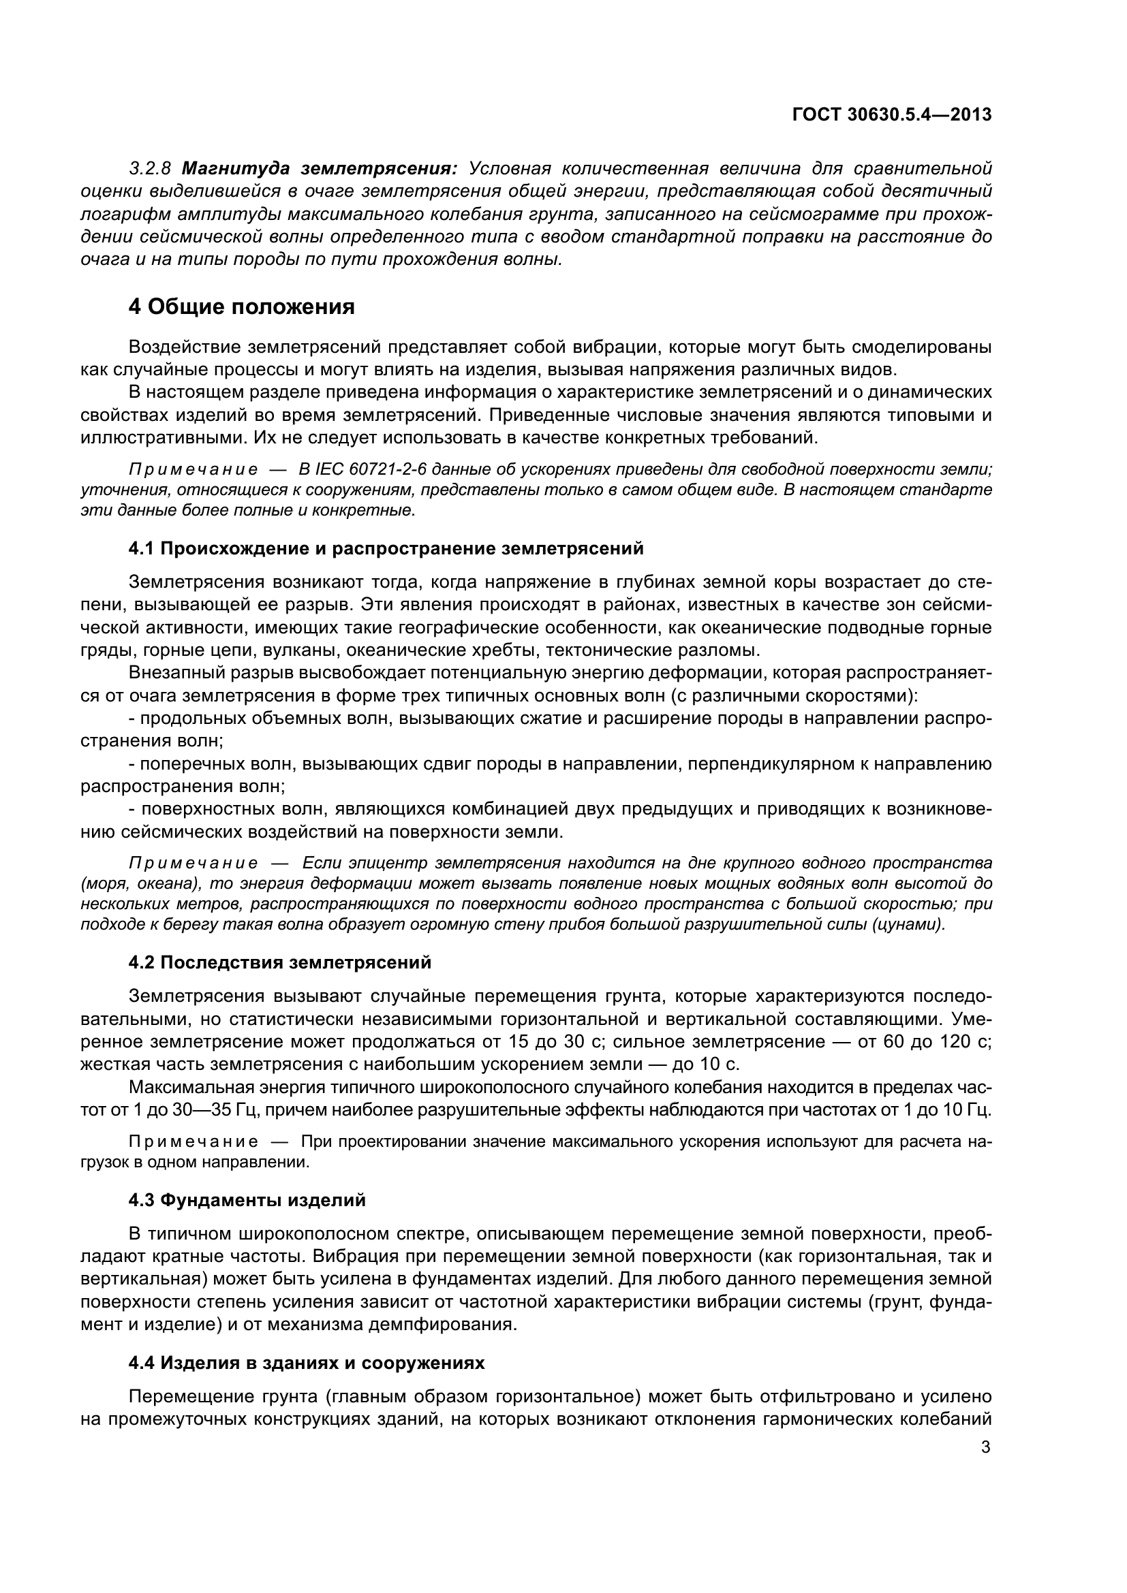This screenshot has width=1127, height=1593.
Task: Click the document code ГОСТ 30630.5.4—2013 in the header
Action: [x=891, y=114]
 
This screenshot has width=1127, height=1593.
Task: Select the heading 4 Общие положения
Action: [x=241, y=306]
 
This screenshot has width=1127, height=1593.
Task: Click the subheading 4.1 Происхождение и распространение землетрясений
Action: [x=386, y=549]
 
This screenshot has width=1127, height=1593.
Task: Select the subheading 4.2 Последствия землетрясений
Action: [x=279, y=962]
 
